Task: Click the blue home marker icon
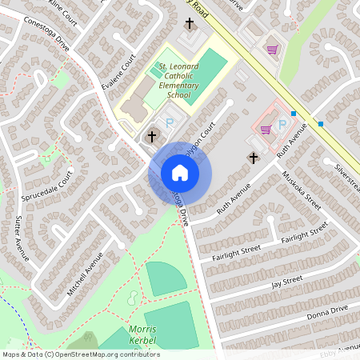click(179, 172)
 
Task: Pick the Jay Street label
click(286, 282)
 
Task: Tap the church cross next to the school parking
click(151, 137)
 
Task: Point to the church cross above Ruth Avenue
click(254, 158)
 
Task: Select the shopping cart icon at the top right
click(272, 49)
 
